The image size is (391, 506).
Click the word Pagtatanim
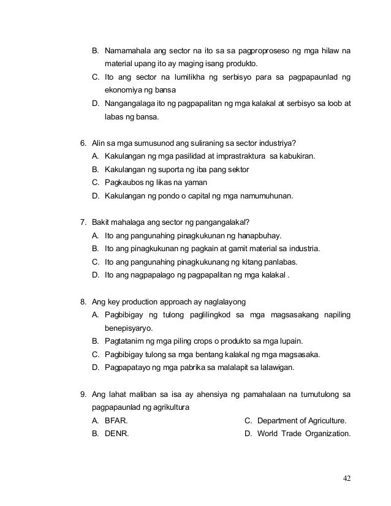click(x=126, y=341)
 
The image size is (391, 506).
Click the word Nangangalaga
click(x=132, y=104)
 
